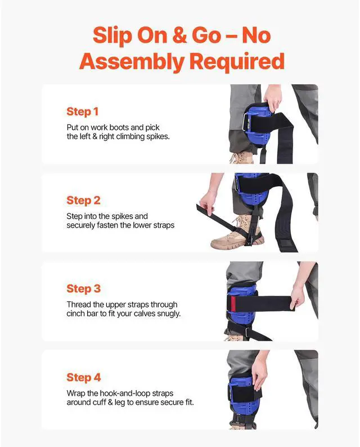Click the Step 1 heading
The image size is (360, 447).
83,111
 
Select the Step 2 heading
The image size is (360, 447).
83,200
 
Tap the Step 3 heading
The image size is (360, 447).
83,288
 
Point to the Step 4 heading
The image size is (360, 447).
83,377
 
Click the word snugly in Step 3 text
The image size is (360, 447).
167,314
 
